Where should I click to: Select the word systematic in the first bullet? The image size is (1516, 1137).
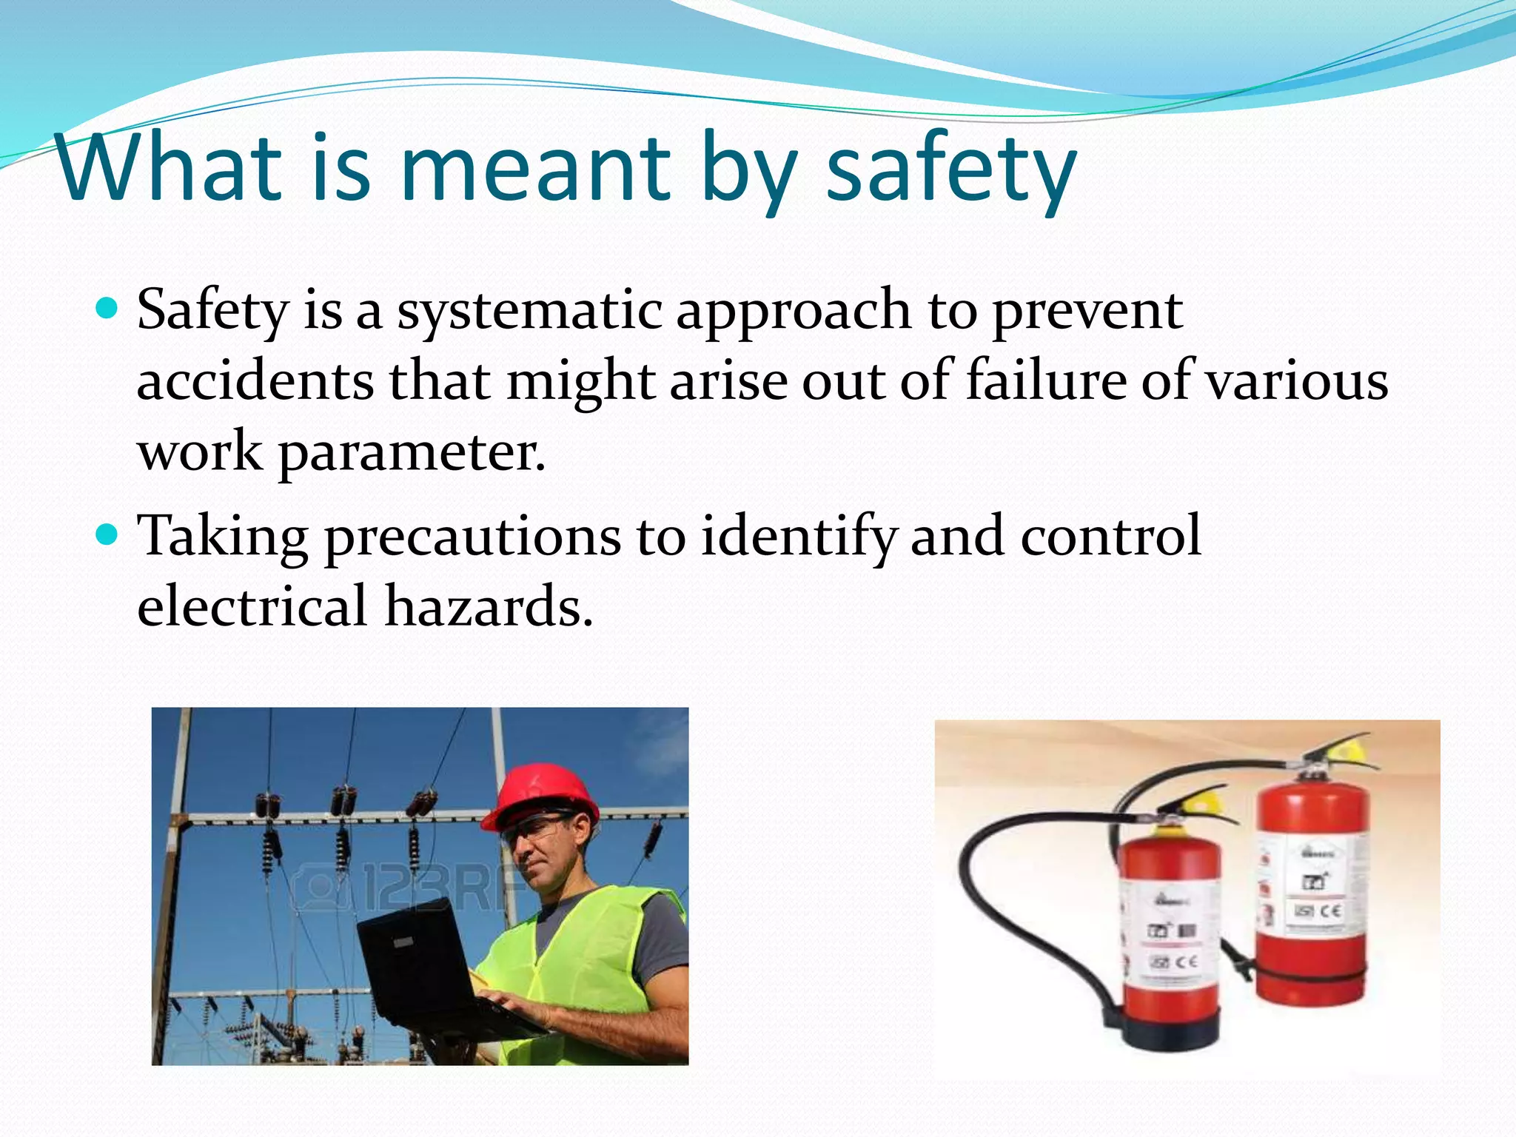click(x=529, y=311)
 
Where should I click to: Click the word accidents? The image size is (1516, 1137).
click(x=255, y=381)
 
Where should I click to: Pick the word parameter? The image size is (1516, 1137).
click(x=412, y=453)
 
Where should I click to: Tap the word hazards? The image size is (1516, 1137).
click(x=489, y=606)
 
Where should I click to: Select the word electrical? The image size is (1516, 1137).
click(x=252, y=606)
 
